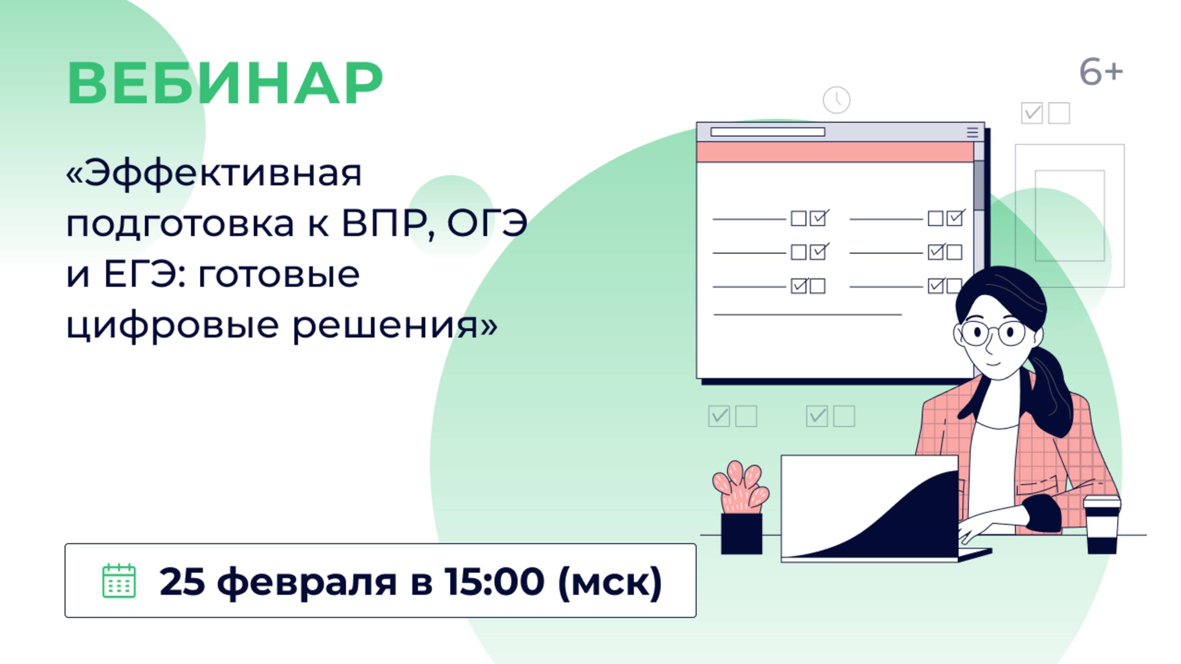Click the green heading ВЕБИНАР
[x=225, y=83]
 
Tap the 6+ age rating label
[x=1100, y=72]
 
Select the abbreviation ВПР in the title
[x=384, y=224]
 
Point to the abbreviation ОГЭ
[x=487, y=224]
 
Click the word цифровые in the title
[x=173, y=326]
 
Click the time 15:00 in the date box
[x=494, y=581]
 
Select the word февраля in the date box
[x=307, y=582]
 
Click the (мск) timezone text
[x=610, y=582]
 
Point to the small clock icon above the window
[x=836, y=100]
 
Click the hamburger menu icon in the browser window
[x=972, y=132]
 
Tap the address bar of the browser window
[x=768, y=132]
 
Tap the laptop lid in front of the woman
[x=869, y=507]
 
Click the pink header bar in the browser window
[x=835, y=152]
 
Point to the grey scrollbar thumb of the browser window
[x=979, y=184]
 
